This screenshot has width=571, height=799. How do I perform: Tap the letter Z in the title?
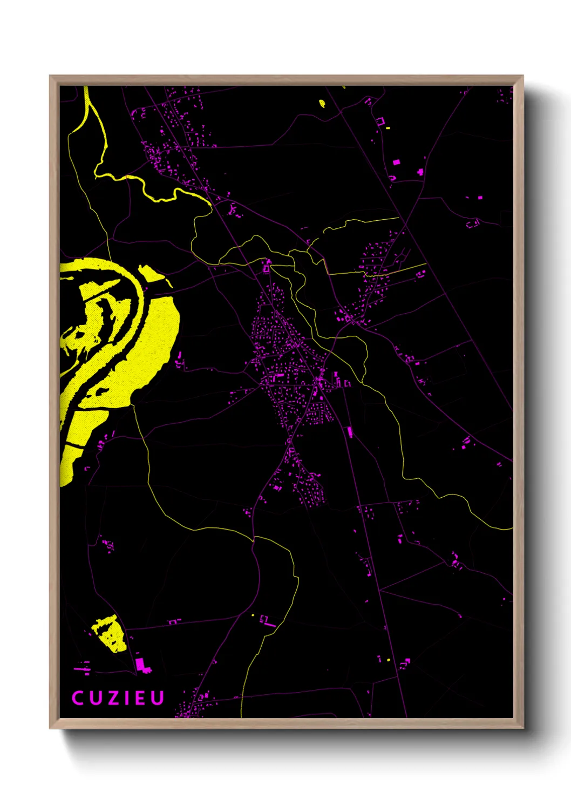tap(111, 698)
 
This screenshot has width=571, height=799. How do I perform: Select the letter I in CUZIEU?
tap(125, 698)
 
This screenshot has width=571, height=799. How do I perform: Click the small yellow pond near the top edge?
tap(322, 103)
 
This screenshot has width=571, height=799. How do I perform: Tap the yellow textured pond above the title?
tap(111, 633)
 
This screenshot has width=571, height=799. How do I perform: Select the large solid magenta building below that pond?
tap(142, 664)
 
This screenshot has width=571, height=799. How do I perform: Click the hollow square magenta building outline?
tap(380, 122)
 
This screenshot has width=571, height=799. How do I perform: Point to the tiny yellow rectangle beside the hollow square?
tap(388, 128)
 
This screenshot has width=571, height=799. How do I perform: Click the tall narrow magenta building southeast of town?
tap(350, 432)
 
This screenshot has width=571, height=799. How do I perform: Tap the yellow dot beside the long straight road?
tap(388, 660)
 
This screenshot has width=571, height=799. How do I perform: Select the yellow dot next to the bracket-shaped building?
tap(253, 615)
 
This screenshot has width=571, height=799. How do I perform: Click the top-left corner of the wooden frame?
tap(50, 76)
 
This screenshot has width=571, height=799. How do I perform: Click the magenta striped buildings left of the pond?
tap(81, 668)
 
